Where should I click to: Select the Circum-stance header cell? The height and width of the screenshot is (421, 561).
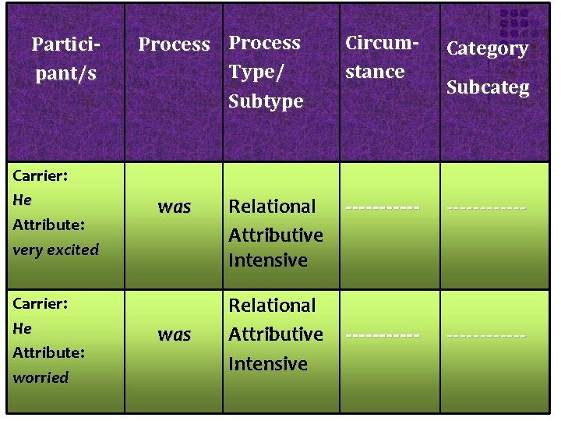[x=375, y=57]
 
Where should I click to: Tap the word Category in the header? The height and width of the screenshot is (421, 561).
[x=487, y=48]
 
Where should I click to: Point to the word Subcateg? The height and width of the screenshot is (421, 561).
[x=487, y=87]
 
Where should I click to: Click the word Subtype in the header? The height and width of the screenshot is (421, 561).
[x=265, y=101]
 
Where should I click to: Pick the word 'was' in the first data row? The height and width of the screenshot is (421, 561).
[x=174, y=207]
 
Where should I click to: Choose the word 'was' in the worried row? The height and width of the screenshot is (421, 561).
[x=174, y=334]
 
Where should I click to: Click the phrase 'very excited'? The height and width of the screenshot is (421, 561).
[x=56, y=250]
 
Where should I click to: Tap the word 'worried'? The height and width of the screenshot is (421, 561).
[x=41, y=377]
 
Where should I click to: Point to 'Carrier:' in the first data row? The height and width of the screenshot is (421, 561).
[x=40, y=175]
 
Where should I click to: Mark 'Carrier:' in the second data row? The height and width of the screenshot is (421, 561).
[x=40, y=302]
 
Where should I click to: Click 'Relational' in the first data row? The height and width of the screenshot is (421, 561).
[x=272, y=207]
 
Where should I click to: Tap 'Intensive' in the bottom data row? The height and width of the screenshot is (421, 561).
[x=267, y=364]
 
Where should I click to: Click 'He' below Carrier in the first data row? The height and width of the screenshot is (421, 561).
[x=22, y=200]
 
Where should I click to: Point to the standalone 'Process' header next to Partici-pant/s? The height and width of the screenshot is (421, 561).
[x=174, y=44]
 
